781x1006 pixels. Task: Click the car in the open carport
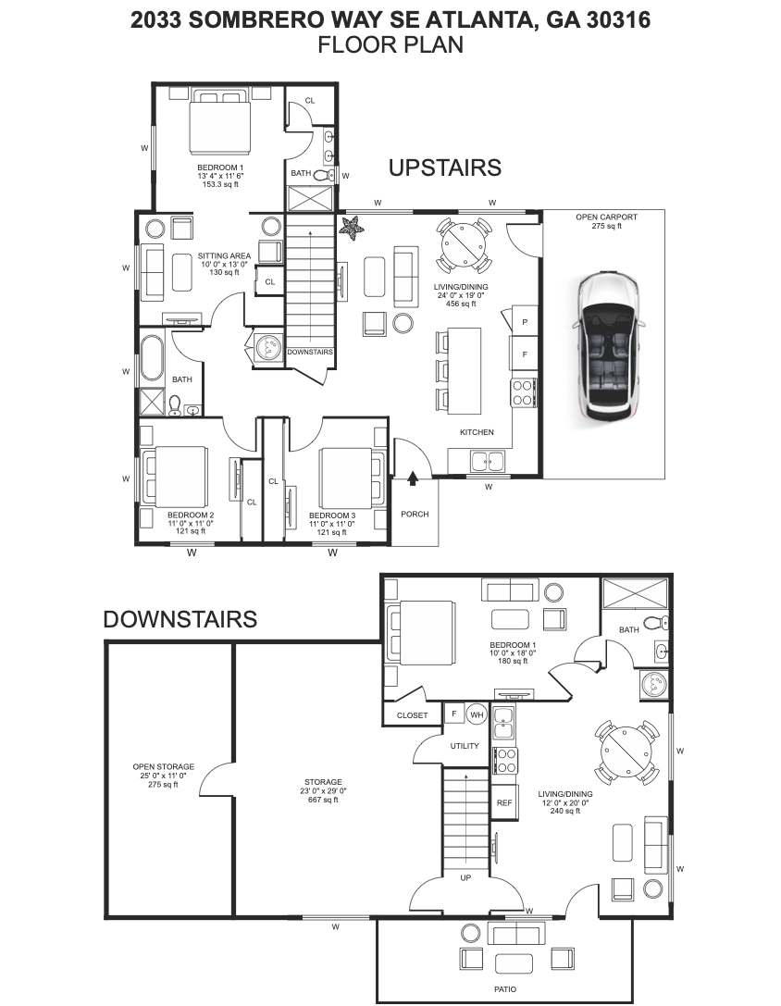tap(606, 344)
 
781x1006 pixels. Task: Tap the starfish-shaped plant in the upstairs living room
tap(352, 226)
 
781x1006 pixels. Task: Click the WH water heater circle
tap(477, 714)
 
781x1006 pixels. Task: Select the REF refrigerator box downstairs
tap(504, 802)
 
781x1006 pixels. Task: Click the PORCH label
tap(415, 515)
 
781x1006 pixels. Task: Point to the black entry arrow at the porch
tap(413, 478)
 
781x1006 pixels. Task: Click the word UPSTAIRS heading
tap(444, 168)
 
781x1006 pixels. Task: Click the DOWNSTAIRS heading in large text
tap(180, 619)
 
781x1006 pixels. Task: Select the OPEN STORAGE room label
tap(163, 767)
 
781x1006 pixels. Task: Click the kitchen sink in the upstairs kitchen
tap(486, 460)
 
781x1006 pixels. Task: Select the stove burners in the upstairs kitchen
tap(523, 393)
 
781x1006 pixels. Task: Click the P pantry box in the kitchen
tap(525, 321)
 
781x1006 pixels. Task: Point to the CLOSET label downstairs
tap(412, 715)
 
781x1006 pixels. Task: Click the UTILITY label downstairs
tap(464, 746)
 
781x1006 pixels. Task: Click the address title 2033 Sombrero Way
tap(390, 20)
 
